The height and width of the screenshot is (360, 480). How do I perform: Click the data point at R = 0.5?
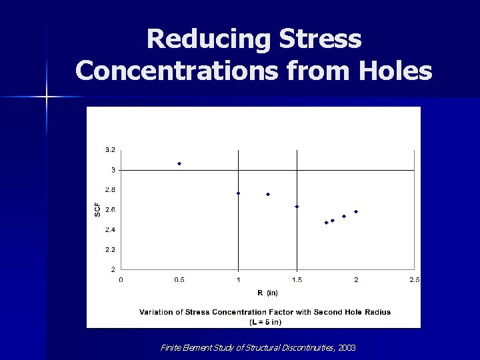[x=179, y=163]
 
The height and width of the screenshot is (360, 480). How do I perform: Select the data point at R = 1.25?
[x=268, y=194]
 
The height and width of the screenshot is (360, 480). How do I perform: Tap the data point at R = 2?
[x=356, y=211]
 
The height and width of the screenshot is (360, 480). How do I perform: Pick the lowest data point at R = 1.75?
[x=327, y=223]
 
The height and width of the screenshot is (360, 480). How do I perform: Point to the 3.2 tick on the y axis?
[x=110, y=149]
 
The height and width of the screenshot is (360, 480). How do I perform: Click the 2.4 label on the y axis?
[x=110, y=230]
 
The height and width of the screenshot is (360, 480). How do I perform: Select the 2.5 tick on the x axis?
[x=414, y=280]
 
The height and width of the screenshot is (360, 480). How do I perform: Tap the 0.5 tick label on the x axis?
[x=179, y=280]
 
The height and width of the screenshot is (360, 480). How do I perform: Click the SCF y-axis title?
[x=97, y=209]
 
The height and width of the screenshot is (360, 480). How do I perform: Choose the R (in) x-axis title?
[x=268, y=293]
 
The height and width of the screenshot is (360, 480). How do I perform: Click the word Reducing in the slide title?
[x=200, y=39]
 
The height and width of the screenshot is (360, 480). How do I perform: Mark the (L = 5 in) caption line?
[x=265, y=322]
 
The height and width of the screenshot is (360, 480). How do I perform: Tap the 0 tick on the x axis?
[x=121, y=280]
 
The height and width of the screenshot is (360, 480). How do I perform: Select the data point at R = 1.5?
[x=297, y=207]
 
